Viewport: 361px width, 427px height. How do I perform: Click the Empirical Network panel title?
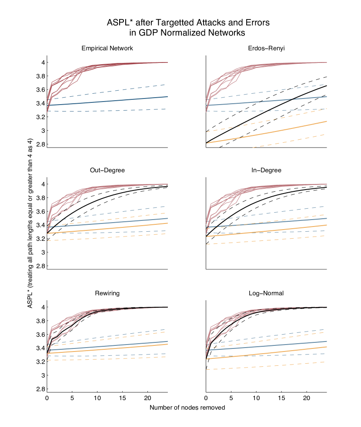point(107,48)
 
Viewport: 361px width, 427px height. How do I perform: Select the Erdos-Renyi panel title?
point(266,48)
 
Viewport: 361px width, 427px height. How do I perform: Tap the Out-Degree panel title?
point(107,171)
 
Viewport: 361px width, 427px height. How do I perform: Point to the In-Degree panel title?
point(266,171)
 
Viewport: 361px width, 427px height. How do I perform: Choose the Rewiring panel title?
point(107,293)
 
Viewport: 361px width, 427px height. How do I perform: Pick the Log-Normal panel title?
point(266,293)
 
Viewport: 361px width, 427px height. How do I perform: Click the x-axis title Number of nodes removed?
point(187,408)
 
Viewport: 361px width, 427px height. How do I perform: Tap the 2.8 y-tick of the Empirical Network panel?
point(40,144)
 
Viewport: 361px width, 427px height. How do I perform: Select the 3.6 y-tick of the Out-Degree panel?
point(40,211)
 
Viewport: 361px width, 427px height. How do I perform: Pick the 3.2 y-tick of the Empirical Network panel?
point(40,117)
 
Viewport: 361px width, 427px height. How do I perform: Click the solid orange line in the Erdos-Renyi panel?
point(270,132)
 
